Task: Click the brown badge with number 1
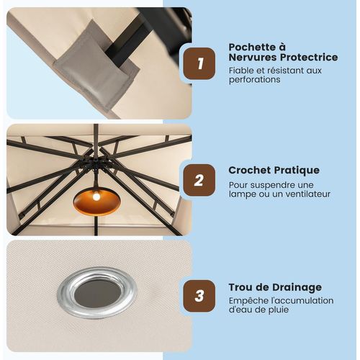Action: pyautogui.click(x=199, y=63)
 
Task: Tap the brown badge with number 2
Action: pyautogui.click(x=199, y=180)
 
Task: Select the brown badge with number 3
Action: pyautogui.click(x=199, y=296)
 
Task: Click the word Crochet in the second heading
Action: pyautogui.click(x=249, y=170)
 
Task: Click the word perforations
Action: pyautogui.click(x=254, y=80)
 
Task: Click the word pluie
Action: pyautogui.click(x=279, y=310)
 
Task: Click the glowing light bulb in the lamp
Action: pyautogui.click(x=96, y=197)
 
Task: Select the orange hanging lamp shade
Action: pyautogui.click(x=96, y=202)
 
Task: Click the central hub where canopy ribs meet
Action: pyautogui.click(x=96, y=163)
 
